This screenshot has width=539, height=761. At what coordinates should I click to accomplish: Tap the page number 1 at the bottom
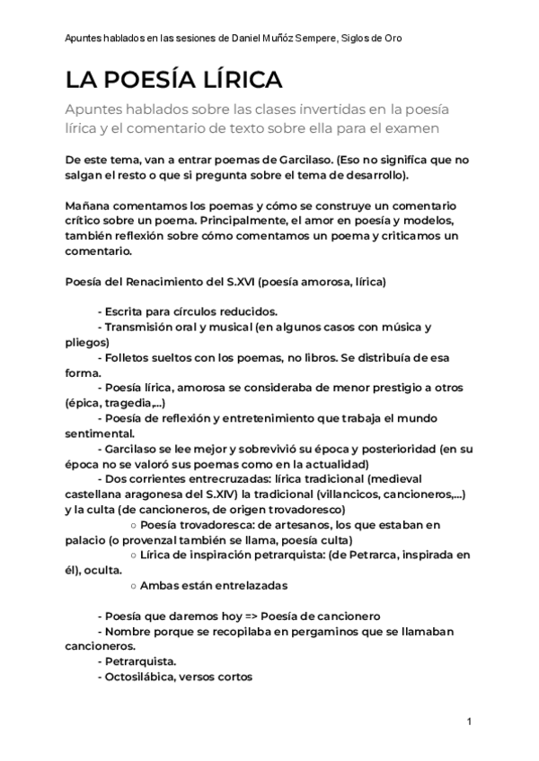pos(470,722)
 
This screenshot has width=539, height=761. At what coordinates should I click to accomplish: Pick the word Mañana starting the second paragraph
pos(88,206)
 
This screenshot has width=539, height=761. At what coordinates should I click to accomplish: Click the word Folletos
pos(130,357)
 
